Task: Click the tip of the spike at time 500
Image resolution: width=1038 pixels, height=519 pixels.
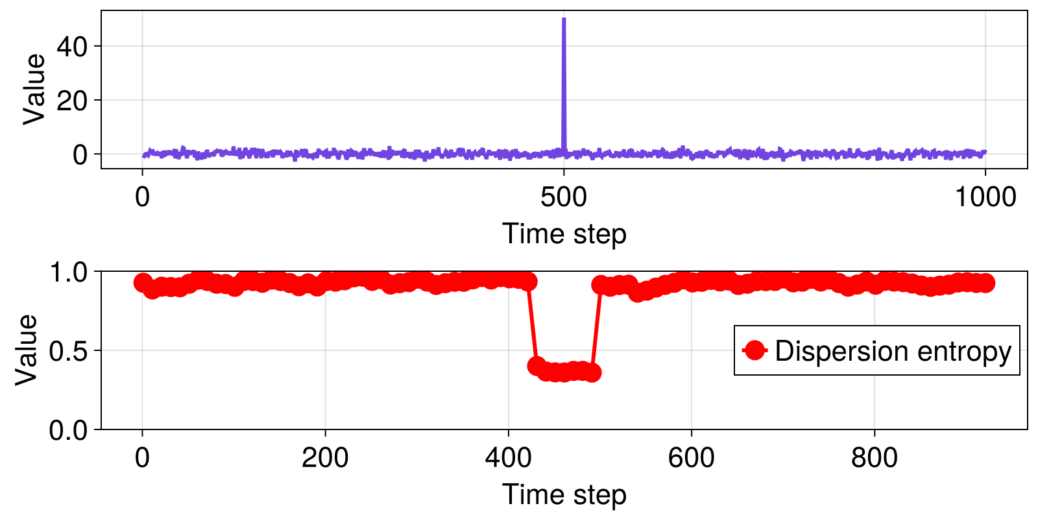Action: (564, 19)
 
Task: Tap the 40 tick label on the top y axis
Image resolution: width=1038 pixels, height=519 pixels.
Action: (72, 46)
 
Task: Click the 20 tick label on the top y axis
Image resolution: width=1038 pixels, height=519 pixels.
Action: (72, 101)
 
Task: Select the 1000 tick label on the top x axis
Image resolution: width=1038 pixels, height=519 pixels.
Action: (985, 197)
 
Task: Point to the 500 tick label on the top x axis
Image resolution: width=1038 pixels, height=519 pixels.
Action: (564, 197)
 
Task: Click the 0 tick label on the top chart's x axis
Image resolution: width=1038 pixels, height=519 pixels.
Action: (142, 197)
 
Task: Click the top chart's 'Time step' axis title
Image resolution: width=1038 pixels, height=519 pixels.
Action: (564, 234)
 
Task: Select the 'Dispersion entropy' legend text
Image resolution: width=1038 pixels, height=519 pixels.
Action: (893, 351)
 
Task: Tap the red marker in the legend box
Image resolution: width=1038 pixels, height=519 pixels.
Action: (754, 351)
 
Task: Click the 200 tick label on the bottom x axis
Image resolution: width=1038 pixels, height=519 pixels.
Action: (325, 458)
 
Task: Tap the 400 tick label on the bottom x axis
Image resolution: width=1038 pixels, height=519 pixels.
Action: (508, 458)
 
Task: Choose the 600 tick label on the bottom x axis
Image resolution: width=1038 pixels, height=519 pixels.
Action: (691, 458)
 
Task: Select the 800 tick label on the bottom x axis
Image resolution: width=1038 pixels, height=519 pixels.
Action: (874, 458)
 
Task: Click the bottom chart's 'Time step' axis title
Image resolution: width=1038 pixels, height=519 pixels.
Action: (564, 494)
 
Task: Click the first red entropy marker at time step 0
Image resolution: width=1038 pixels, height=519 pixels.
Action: (143, 283)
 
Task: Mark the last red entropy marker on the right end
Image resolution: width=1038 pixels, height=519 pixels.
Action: (985, 283)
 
